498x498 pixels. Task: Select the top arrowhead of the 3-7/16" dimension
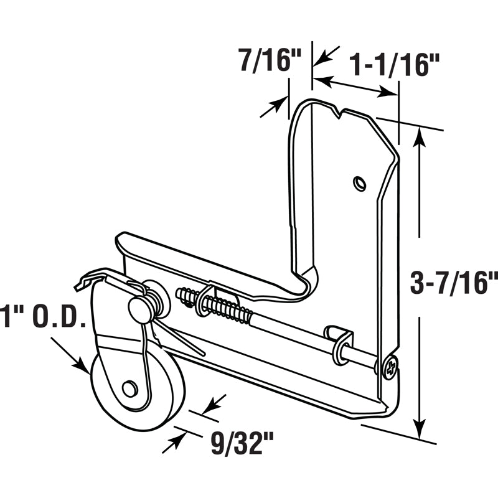[420, 136]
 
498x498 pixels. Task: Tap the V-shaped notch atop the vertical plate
[337, 113]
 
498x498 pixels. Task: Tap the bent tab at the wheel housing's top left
[84, 283]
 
